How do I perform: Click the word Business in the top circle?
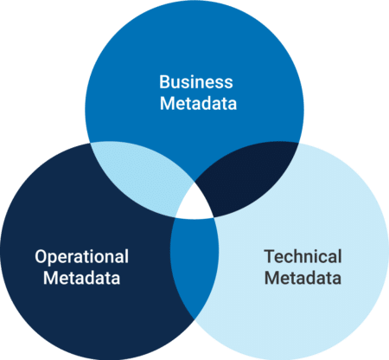click(x=196, y=82)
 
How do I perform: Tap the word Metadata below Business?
click(x=198, y=103)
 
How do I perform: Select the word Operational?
click(x=81, y=257)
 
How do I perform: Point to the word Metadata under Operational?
click(x=81, y=278)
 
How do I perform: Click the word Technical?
click(x=303, y=256)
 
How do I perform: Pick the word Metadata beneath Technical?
click(x=303, y=278)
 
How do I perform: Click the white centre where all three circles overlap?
click(x=195, y=204)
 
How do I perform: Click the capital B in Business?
click(x=164, y=82)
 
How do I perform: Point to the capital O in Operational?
click(x=41, y=257)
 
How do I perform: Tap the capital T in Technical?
click(x=270, y=256)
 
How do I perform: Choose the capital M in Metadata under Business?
click(x=168, y=104)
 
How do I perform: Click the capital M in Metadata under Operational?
click(x=51, y=278)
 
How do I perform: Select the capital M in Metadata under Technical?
click(x=272, y=278)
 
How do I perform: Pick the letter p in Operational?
click(x=54, y=260)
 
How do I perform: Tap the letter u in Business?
click(x=177, y=84)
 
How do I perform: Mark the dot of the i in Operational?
click(x=97, y=251)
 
